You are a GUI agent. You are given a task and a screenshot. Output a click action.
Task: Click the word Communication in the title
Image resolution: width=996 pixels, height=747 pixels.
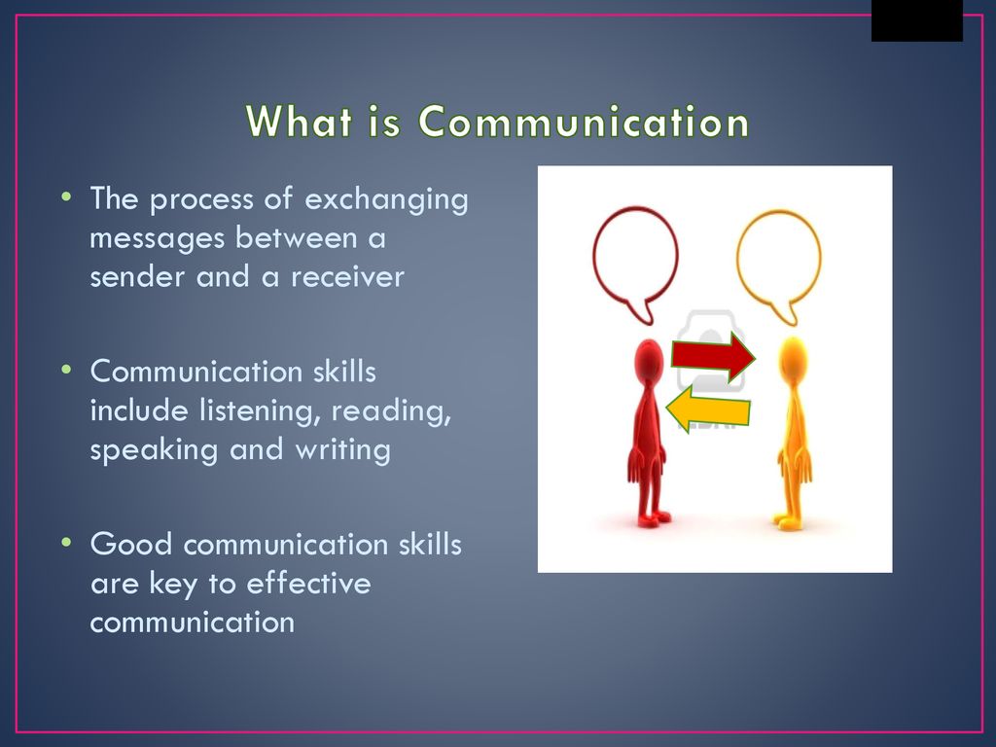pyautogui.click(x=584, y=122)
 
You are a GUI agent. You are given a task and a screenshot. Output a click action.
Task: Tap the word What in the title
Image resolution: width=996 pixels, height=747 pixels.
pyautogui.click(x=299, y=121)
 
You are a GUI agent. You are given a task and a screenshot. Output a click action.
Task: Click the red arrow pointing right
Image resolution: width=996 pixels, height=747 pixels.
pyautogui.click(x=713, y=356)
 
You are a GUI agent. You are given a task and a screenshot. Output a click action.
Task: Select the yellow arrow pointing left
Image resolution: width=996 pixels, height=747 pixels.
pyautogui.click(x=708, y=409)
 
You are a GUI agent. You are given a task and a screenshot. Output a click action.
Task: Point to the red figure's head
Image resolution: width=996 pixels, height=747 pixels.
pyautogui.click(x=649, y=360)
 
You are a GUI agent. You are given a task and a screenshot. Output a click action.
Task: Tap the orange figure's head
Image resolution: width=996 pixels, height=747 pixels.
pyautogui.click(x=792, y=360)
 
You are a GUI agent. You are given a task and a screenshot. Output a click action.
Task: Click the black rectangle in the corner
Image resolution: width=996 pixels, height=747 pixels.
pyautogui.click(x=916, y=20)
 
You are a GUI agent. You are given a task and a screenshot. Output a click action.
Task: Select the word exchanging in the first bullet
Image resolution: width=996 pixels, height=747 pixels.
pyautogui.click(x=386, y=200)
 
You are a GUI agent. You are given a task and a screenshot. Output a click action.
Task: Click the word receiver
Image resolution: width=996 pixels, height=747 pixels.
pyautogui.click(x=347, y=277)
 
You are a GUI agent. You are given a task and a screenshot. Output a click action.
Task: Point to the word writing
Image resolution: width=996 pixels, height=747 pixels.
pyautogui.click(x=342, y=450)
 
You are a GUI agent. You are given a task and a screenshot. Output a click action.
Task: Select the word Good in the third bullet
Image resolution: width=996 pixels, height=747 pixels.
pyautogui.click(x=131, y=545)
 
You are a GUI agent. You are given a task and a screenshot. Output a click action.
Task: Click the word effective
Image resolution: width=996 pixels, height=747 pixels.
pyautogui.click(x=308, y=584)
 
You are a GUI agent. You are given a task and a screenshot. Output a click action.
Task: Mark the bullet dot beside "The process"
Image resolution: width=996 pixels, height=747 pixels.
pyautogui.click(x=67, y=196)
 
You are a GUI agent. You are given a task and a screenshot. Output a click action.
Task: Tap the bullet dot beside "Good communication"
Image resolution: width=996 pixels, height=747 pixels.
pyautogui.click(x=67, y=543)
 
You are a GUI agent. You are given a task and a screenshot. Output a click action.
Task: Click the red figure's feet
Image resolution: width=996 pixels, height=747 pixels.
pyautogui.click(x=654, y=519)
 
